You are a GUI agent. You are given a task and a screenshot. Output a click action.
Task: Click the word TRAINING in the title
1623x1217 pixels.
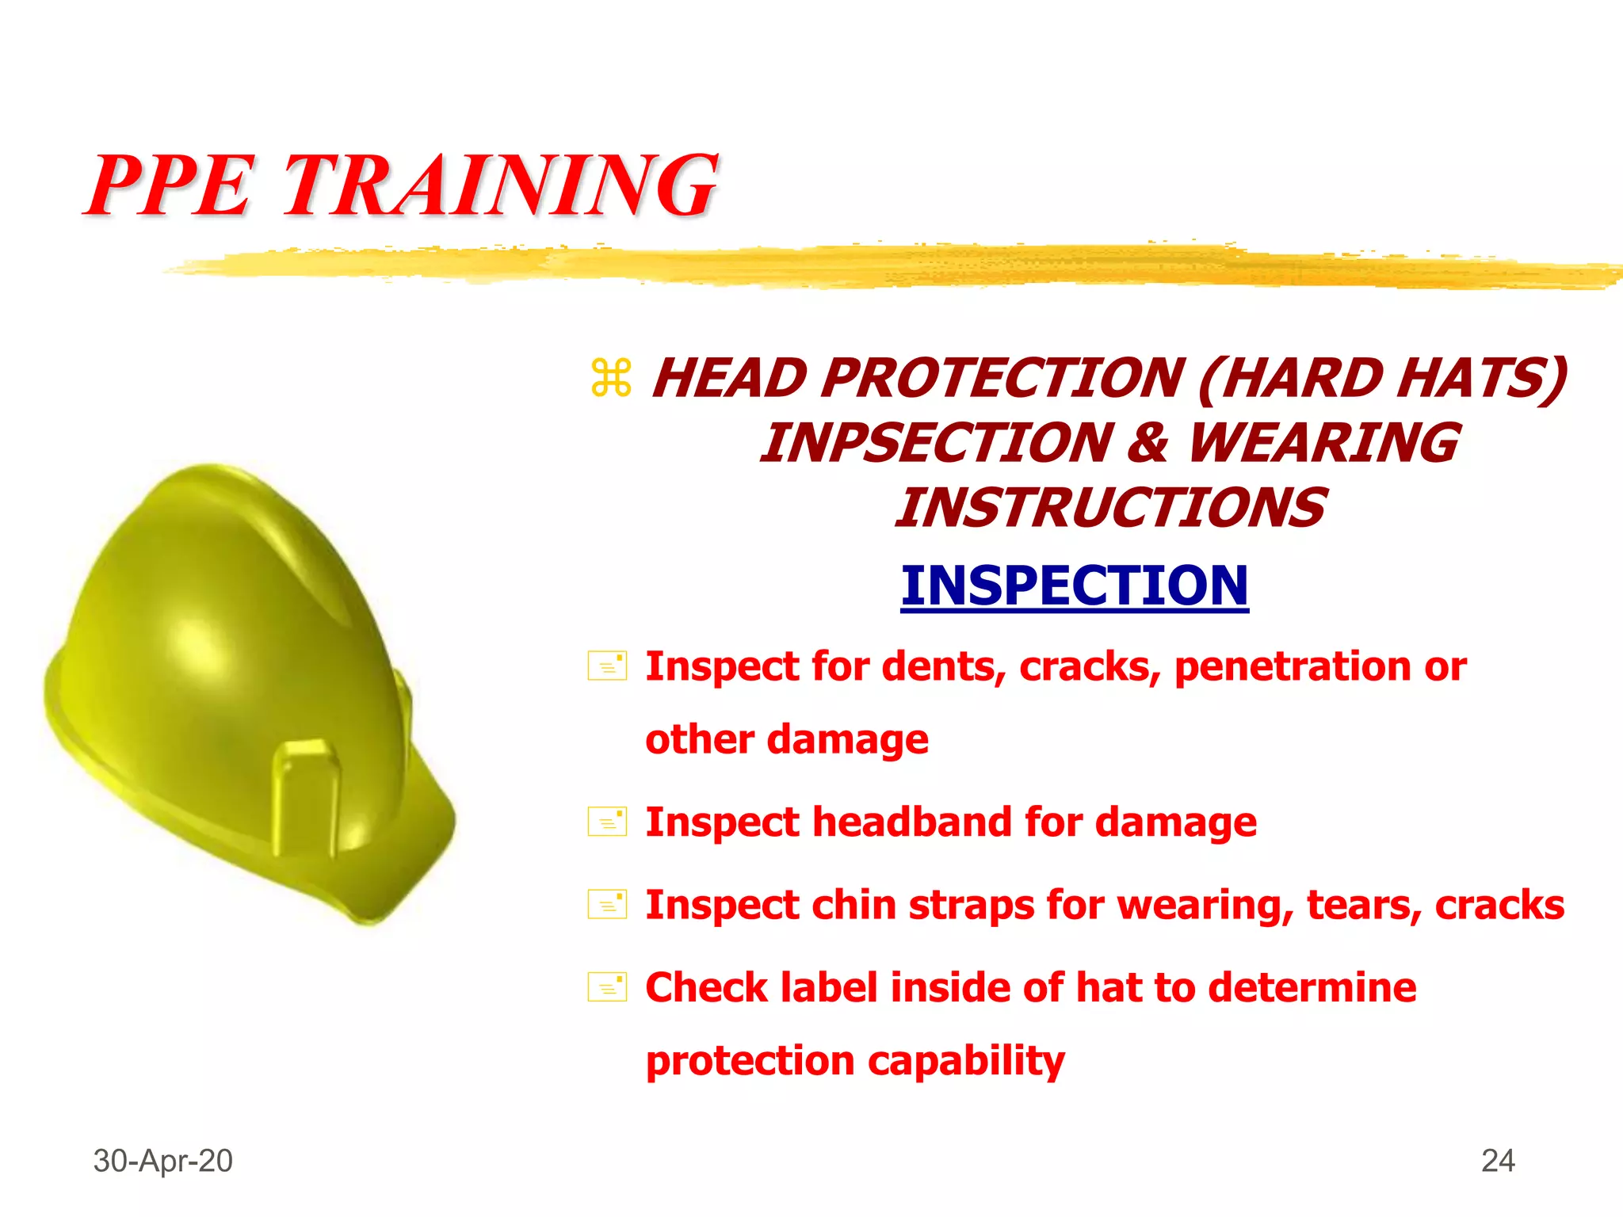pyautogui.click(x=501, y=186)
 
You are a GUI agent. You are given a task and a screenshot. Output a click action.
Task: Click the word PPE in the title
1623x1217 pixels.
pyautogui.click(x=171, y=186)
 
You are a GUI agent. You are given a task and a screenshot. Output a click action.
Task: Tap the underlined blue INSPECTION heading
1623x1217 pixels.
pyautogui.click(x=1075, y=586)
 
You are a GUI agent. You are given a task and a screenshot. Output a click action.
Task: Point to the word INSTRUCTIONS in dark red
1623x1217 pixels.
pyautogui.click(x=1110, y=508)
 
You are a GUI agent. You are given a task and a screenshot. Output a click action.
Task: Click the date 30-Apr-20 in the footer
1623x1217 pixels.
pyautogui.click(x=162, y=1161)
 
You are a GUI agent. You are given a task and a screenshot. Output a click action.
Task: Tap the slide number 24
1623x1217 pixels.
pyautogui.click(x=1498, y=1161)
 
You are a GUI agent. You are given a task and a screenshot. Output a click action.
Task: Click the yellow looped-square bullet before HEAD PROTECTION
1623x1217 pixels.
pyautogui.click(x=611, y=378)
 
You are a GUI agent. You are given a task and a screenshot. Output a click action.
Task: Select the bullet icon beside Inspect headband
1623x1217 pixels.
pyautogui.click(x=607, y=822)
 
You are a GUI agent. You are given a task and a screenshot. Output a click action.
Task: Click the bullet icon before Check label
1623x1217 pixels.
pyautogui.click(x=607, y=987)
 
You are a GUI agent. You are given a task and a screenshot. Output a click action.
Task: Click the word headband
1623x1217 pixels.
pyautogui.click(x=912, y=822)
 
